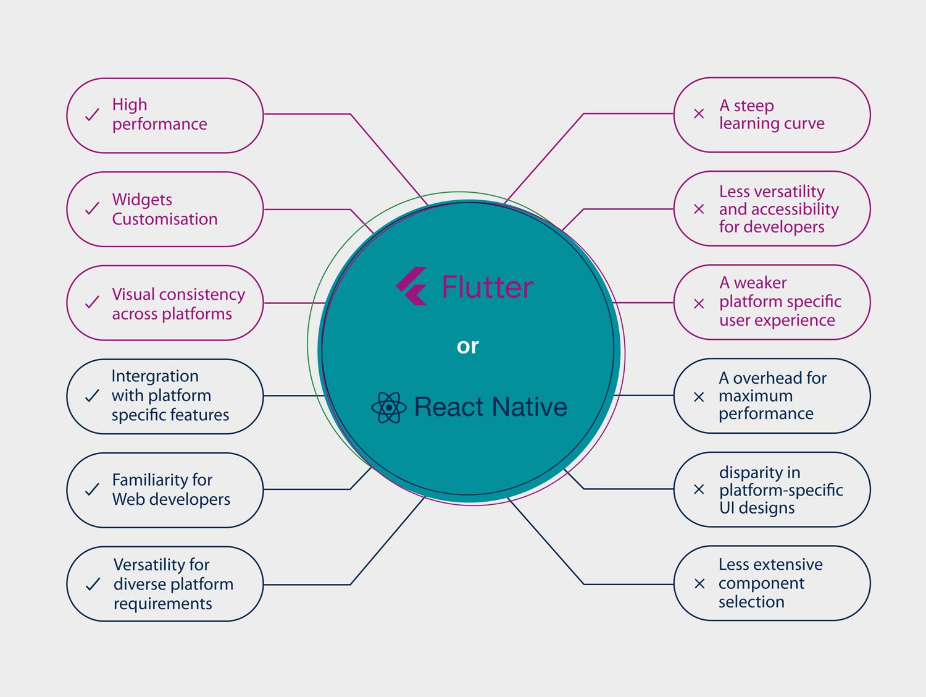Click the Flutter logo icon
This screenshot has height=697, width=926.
pyautogui.click(x=411, y=286)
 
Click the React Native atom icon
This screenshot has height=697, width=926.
pyautogui.click(x=388, y=407)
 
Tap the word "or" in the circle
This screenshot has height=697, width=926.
pyautogui.click(x=467, y=347)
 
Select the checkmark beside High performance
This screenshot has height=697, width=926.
pyautogui.click(x=92, y=114)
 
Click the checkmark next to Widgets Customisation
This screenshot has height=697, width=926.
pyautogui.click(x=92, y=208)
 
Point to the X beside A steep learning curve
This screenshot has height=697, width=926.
pyautogui.click(x=699, y=114)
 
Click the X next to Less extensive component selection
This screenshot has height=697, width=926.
pyautogui.click(x=699, y=584)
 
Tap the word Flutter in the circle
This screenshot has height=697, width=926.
pyautogui.click(x=487, y=287)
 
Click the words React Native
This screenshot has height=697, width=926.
pyautogui.click(x=491, y=407)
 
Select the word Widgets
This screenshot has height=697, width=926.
pyautogui.click(x=142, y=200)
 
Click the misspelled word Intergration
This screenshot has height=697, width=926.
pyautogui.click(x=155, y=376)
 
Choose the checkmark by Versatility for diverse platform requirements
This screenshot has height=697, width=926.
pyautogui.click(x=93, y=585)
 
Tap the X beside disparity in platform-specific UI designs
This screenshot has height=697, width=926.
pyautogui.click(x=699, y=489)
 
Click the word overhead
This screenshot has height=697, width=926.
pyautogui.click(x=768, y=378)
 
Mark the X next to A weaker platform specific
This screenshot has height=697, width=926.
pyautogui.click(x=699, y=303)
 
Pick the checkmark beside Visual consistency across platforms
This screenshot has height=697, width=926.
pyautogui.click(x=92, y=302)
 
